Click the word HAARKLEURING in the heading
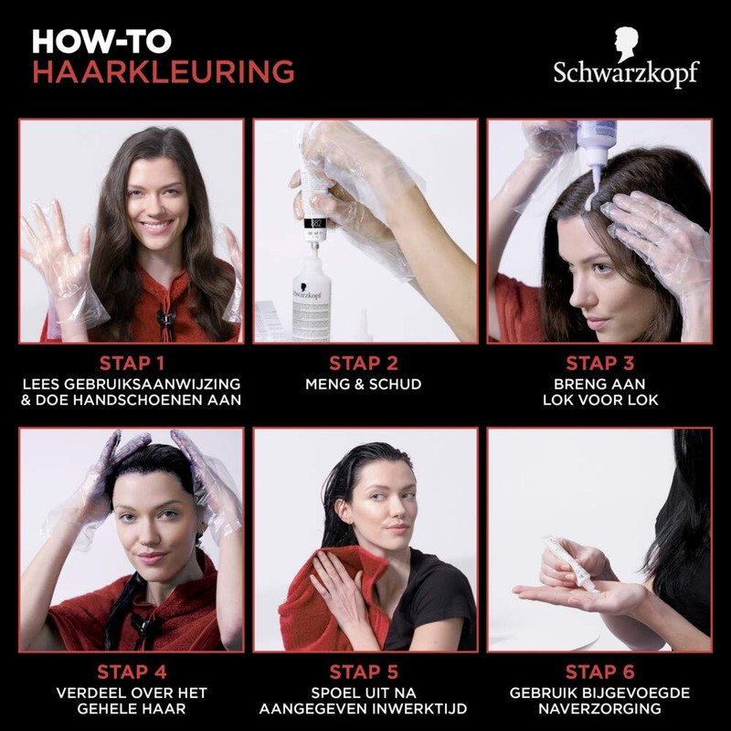pos(163,71)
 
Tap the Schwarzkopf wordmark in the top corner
pos(625,72)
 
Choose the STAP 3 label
pos(599,364)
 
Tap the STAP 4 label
pos(132,673)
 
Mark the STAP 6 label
pos(599,673)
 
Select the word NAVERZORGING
pos(599,710)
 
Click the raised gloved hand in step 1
pos(55,251)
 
